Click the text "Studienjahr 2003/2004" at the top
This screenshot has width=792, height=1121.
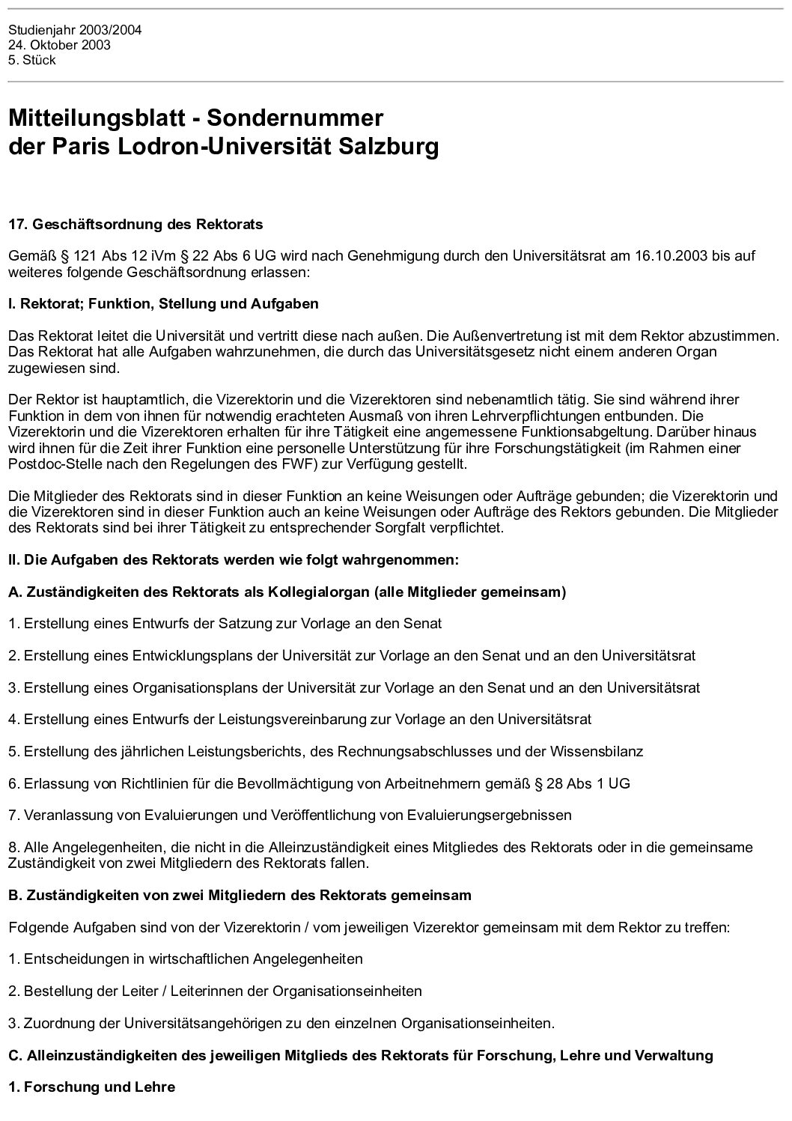74,31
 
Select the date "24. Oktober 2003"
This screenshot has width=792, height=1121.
59,45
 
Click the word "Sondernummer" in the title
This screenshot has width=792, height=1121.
295,118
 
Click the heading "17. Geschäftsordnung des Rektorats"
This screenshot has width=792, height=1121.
135,224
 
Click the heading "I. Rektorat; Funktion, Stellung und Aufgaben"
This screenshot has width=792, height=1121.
163,304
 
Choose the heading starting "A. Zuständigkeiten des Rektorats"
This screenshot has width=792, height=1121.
287,592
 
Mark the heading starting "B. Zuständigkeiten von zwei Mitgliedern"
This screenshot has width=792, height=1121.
240,895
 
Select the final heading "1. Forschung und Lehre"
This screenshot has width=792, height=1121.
91,1087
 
